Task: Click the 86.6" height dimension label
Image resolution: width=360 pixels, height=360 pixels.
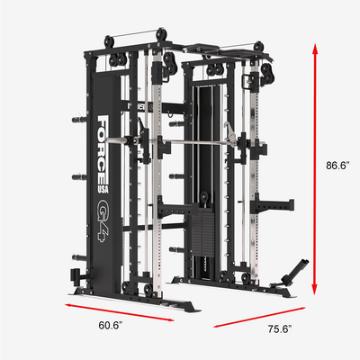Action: (x=337, y=166)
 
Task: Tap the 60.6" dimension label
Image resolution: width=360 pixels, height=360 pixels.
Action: (x=110, y=325)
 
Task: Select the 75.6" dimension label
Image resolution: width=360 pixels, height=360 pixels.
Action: (x=280, y=329)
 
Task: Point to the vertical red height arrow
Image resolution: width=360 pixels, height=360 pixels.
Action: (x=315, y=169)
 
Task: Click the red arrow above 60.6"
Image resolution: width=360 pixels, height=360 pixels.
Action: (x=120, y=312)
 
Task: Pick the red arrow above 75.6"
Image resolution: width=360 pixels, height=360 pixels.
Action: (x=259, y=317)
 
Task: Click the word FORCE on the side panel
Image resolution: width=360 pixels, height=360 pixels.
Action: (x=103, y=149)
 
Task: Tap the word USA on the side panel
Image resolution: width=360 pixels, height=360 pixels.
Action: (x=103, y=188)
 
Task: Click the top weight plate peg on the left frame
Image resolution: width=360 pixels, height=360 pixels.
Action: (x=79, y=120)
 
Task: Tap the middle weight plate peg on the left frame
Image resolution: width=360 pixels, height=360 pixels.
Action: (x=79, y=177)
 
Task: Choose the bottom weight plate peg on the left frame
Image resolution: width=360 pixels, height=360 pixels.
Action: (x=79, y=257)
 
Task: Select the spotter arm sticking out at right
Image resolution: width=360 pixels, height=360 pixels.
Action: (x=272, y=206)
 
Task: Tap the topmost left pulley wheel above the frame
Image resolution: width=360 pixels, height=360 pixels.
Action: (x=109, y=41)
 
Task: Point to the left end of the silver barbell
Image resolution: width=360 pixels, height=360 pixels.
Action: (x=106, y=139)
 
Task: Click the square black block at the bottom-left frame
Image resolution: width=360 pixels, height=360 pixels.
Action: (x=74, y=275)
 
